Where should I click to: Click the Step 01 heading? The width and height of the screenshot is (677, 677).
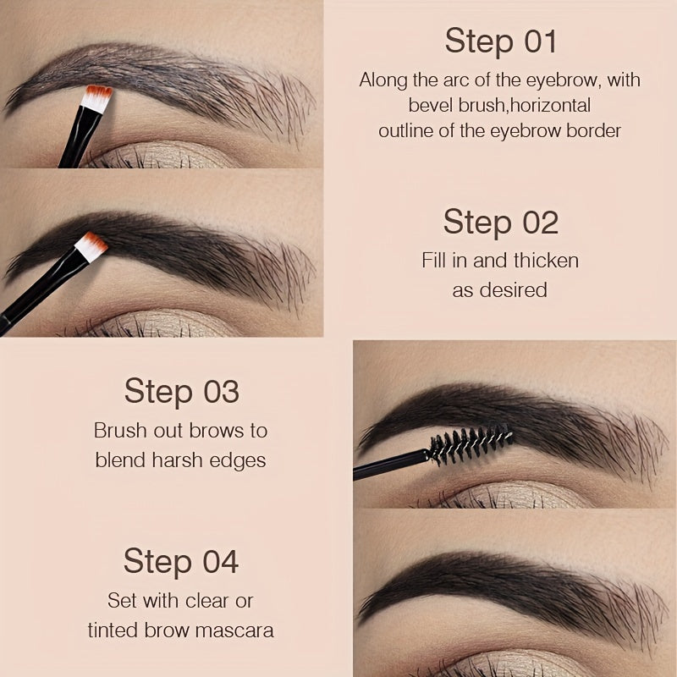pos(500,41)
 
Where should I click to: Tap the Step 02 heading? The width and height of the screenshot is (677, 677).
pos(500,222)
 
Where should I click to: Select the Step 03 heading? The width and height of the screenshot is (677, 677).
pos(181,392)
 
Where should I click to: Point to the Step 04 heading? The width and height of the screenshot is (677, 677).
pos(181,561)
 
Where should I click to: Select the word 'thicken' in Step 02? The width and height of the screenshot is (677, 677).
pos(547,260)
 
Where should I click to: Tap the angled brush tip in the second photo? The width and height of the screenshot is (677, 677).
pos(91,245)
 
